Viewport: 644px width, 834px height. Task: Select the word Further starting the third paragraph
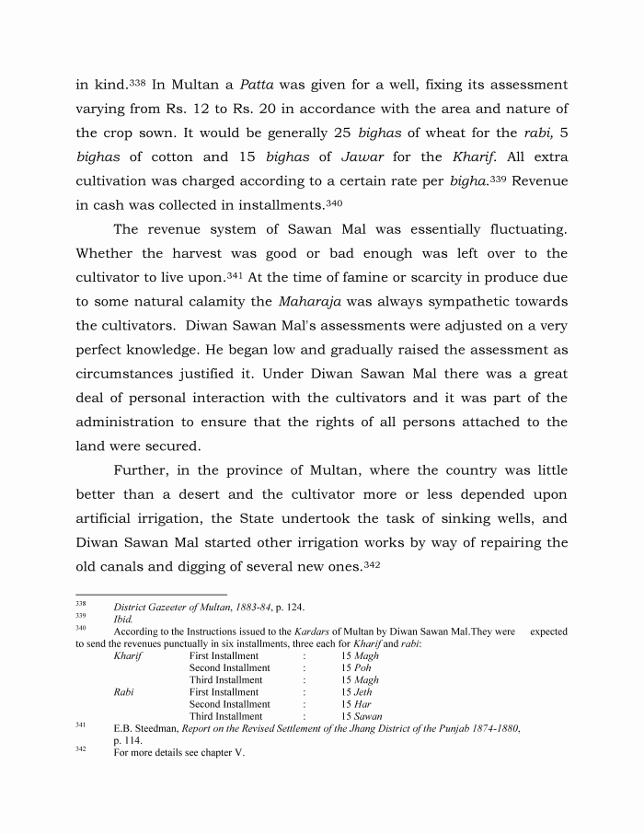coord(144,470)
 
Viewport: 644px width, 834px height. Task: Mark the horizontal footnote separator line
coord(151,594)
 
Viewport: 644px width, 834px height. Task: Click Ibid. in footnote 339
coord(123,620)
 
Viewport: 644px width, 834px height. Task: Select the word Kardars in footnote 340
coord(307,632)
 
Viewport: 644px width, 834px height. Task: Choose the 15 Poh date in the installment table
coord(356,668)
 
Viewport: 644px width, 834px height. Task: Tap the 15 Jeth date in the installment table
coord(357,692)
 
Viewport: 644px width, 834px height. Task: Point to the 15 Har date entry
coord(356,704)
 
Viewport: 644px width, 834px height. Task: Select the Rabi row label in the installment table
coord(124,692)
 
